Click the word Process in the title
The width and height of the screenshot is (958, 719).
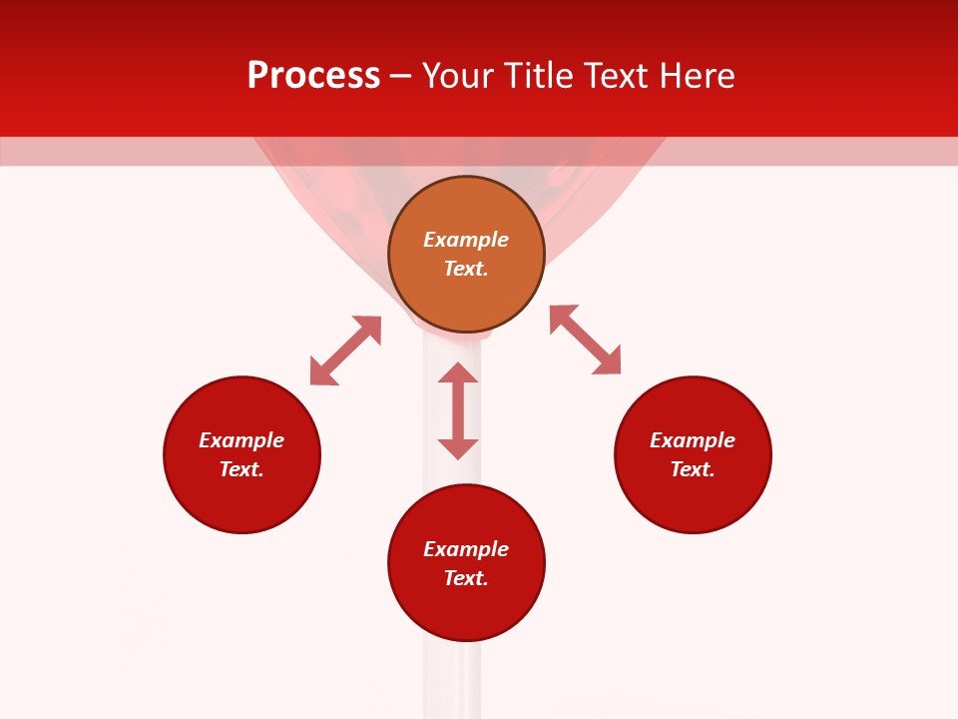tap(313, 76)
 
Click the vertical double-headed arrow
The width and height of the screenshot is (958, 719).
tap(458, 410)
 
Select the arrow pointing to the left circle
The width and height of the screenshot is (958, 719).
tap(345, 351)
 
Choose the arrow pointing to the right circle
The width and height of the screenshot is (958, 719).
tap(585, 340)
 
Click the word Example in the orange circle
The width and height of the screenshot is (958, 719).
tap(466, 240)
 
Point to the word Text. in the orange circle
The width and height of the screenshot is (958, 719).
tap(466, 269)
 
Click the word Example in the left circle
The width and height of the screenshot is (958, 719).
tap(241, 440)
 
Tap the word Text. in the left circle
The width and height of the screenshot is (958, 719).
tap(241, 469)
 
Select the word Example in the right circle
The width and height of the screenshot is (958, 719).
tap(693, 440)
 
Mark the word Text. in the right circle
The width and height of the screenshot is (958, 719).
tap(693, 469)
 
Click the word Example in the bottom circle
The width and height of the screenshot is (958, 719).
tap(466, 549)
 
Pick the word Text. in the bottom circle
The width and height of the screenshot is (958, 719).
tap(466, 578)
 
